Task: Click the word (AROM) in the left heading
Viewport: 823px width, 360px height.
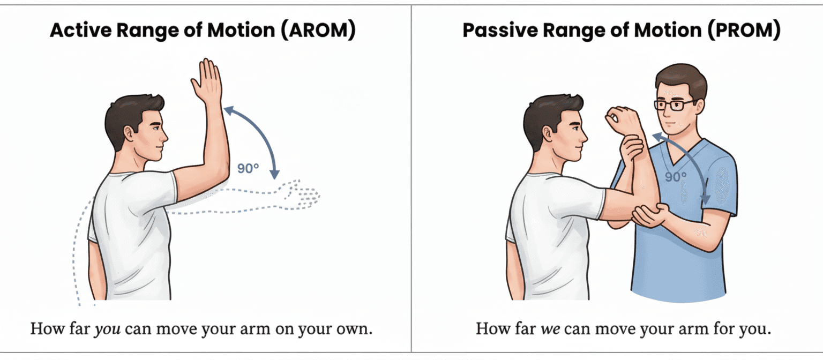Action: point(318,30)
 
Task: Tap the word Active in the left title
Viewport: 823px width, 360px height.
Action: point(80,30)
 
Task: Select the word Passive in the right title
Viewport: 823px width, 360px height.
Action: point(500,30)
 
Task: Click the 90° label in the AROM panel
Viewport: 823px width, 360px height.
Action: point(248,168)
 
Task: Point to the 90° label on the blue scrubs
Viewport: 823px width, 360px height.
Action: point(675,177)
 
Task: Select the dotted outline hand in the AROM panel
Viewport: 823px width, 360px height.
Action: point(301,194)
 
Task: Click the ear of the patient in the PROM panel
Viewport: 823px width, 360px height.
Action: point(548,134)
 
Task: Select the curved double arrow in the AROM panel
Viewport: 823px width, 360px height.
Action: point(261,134)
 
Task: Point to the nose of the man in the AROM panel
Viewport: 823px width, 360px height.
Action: point(164,137)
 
